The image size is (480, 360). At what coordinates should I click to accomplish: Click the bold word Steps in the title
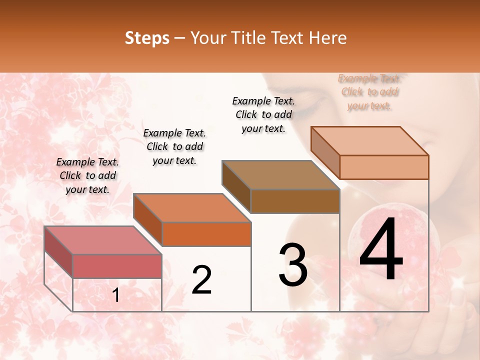(147, 38)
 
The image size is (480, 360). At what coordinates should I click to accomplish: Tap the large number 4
(381, 250)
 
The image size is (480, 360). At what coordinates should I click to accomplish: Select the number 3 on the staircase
(293, 265)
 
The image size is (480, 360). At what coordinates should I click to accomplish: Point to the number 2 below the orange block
(201, 280)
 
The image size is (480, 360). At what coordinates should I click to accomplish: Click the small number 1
(115, 295)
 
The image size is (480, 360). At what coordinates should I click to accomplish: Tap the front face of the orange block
(206, 234)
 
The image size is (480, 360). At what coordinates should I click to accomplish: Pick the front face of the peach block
(384, 167)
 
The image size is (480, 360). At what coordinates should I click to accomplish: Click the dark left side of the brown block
(236, 186)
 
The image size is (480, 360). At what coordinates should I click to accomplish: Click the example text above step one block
(87, 175)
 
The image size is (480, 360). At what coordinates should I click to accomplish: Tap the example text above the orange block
(174, 146)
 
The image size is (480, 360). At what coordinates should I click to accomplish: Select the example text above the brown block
(263, 114)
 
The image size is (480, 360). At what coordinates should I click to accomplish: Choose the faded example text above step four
(369, 91)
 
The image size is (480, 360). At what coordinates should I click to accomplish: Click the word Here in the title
(328, 38)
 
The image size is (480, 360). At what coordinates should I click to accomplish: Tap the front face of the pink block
(117, 266)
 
